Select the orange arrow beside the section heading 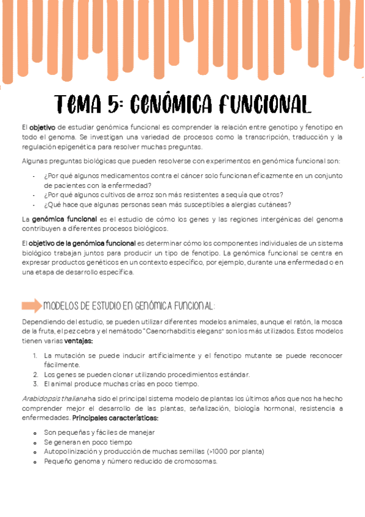31,305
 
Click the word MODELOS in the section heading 63,305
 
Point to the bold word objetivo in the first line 43,127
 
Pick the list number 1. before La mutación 37,355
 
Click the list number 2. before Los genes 37,374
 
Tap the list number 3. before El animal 37,384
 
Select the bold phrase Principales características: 116,418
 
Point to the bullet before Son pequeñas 37,432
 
